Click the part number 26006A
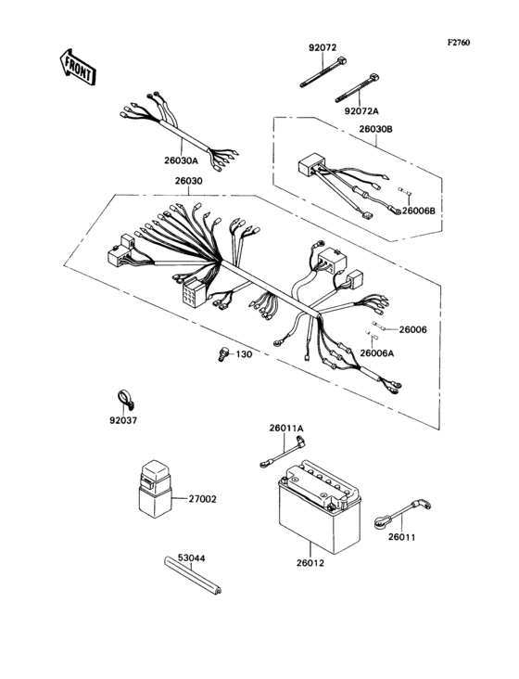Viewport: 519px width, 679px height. [x=378, y=353]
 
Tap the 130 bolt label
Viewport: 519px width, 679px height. [x=243, y=354]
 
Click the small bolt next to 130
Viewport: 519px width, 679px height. [x=222, y=353]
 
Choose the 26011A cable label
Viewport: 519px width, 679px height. [x=286, y=428]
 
